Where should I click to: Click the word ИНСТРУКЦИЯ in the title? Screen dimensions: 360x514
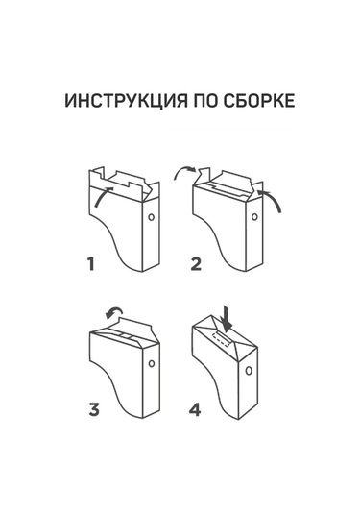pyautogui.click(x=126, y=100)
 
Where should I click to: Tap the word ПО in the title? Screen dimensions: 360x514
pyautogui.click(x=206, y=100)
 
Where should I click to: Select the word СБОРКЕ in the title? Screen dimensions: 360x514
pyautogui.click(x=259, y=100)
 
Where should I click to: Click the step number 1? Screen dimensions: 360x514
pyautogui.click(x=91, y=264)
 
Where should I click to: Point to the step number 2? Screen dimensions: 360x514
pyautogui.click(x=196, y=264)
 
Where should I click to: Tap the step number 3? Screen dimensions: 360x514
pyautogui.click(x=94, y=409)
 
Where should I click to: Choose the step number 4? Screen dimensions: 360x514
pyautogui.click(x=195, y=409)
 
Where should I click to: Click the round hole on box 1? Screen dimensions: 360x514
pyautogui.click(x=151, y=217)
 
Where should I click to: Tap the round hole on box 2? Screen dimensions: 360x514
pyautogui.click(x=254, y=217)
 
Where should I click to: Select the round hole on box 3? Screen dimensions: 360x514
pyautogui.click(x=152, y=363)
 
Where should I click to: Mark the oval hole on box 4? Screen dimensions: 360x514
pyautogui.click(x=249, y=371)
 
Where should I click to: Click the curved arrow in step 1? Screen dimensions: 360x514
pyautogui.click(x=102, y=196)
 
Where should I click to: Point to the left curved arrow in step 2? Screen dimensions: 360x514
pyautogui.click(x=183, y=169)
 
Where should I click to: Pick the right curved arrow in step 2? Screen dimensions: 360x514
pyautogui.click(x=273, y=198)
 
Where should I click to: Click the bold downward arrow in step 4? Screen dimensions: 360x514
pyautogui.click(x=227, y=317)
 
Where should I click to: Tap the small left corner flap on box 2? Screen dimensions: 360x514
pyautogui.click(x=204, y=175)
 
